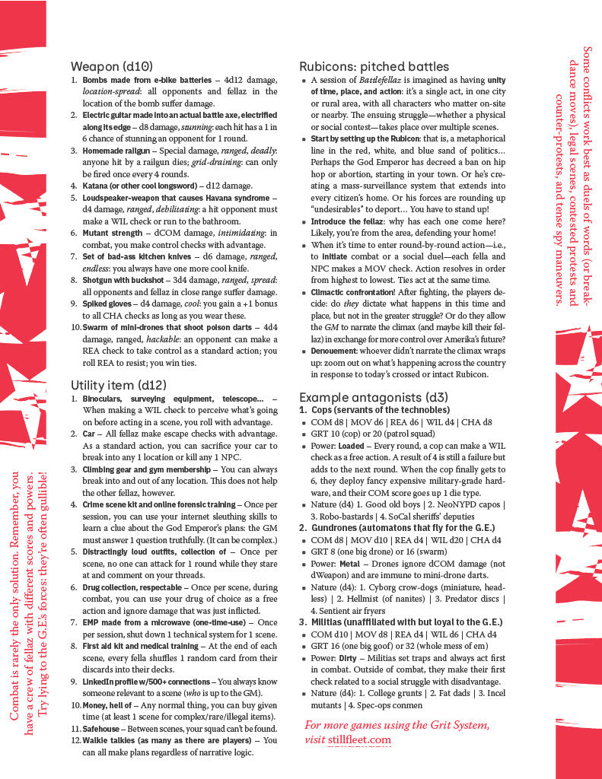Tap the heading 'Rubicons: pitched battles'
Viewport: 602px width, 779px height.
374,66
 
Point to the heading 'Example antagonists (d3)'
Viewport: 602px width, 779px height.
374,397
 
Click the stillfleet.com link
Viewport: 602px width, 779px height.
359,739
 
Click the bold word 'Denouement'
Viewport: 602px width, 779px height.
336,351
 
